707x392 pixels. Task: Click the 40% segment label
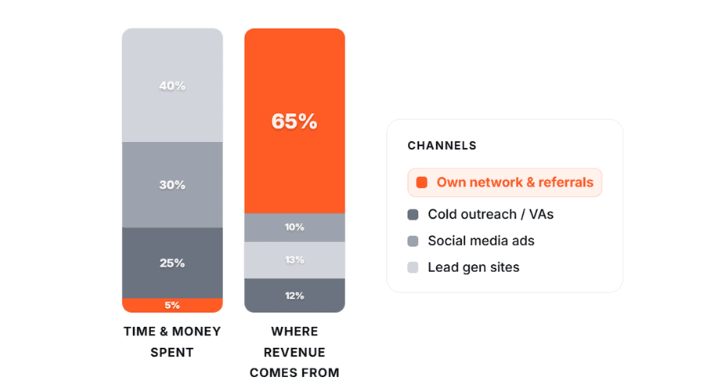(x=172, y=86)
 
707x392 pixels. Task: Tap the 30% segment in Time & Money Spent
(x=172, y=185)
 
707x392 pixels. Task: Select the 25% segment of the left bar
(x=172, y=263)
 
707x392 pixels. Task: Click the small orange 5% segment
(x=172, y=305)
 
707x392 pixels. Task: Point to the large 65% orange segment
(x=294, y=122)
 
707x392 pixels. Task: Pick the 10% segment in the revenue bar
(x=294, y=227)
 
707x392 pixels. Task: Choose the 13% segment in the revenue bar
(x=294, y=260)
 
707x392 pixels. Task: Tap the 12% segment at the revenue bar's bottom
(x=294, y=296)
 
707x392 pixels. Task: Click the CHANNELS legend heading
(x=442, y=146)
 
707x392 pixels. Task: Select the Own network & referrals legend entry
(x=505, y=183)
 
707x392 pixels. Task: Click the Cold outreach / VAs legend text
(x=490, y=214)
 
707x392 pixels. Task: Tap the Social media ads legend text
(x=481, y=241)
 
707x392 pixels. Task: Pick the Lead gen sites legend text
(x=473, y=267)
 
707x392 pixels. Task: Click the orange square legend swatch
(x=422, y=183)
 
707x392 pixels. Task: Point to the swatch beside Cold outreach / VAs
(x=413, y=214)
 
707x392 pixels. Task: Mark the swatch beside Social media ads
(x=413, y=241)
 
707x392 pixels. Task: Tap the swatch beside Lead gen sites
(x=413, y=267)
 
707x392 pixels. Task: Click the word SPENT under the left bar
(x=172, y=352)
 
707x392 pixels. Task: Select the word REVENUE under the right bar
(x=294, y=352)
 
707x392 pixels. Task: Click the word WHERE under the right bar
(x=294, y=332)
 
